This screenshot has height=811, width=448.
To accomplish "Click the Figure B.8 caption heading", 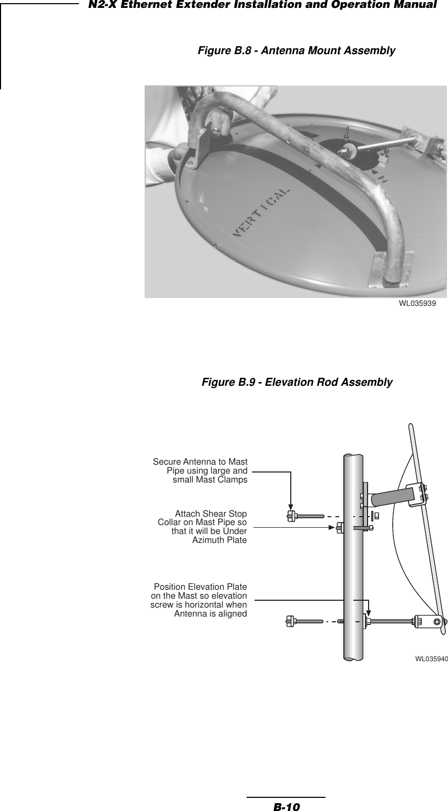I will coord(297,51).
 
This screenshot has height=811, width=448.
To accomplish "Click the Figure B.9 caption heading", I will coord(297,382).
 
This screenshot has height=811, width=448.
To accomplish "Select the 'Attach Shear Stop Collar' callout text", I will coord(202,526).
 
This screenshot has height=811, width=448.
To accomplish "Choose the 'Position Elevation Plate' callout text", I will coord(199,600).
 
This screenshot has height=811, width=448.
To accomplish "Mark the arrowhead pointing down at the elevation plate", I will coord(370,611).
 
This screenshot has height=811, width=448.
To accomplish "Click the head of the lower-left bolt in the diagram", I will coord(291,621).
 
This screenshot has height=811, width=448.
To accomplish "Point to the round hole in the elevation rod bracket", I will coord(437,621).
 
